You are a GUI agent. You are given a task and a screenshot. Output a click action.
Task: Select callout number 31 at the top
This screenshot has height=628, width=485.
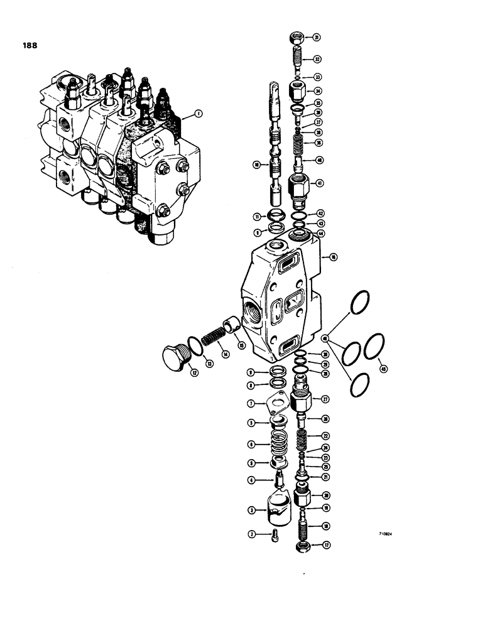(x=317, y=37)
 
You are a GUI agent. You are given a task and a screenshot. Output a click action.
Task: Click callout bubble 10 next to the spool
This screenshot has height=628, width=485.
(x=256, y=165)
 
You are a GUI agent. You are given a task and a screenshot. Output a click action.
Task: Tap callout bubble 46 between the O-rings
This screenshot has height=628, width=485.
(x=325, y=339)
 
